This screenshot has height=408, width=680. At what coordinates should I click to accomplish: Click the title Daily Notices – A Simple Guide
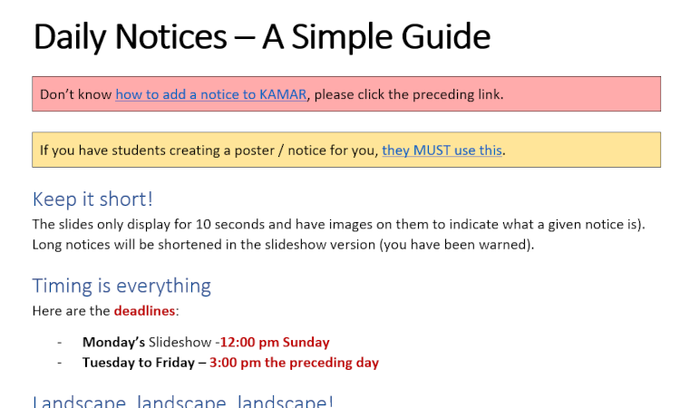coord(261,36)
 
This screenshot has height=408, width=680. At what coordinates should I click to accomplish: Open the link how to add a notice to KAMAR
coord(210,94)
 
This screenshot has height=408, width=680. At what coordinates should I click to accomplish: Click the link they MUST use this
coord(442,151)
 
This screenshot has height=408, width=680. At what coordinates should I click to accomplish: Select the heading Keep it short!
coord(92,199)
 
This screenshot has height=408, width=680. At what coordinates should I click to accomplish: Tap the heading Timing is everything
coord(121,286)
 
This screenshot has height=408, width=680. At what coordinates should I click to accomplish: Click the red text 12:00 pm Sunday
coord(275,343)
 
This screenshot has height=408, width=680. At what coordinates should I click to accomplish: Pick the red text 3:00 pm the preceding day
coord(294,363)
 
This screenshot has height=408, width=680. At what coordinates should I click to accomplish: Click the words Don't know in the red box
coord(75,94)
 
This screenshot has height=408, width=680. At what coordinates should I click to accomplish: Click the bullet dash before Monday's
coord(59,343)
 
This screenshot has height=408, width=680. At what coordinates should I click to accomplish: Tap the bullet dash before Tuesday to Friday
coord(59,363)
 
